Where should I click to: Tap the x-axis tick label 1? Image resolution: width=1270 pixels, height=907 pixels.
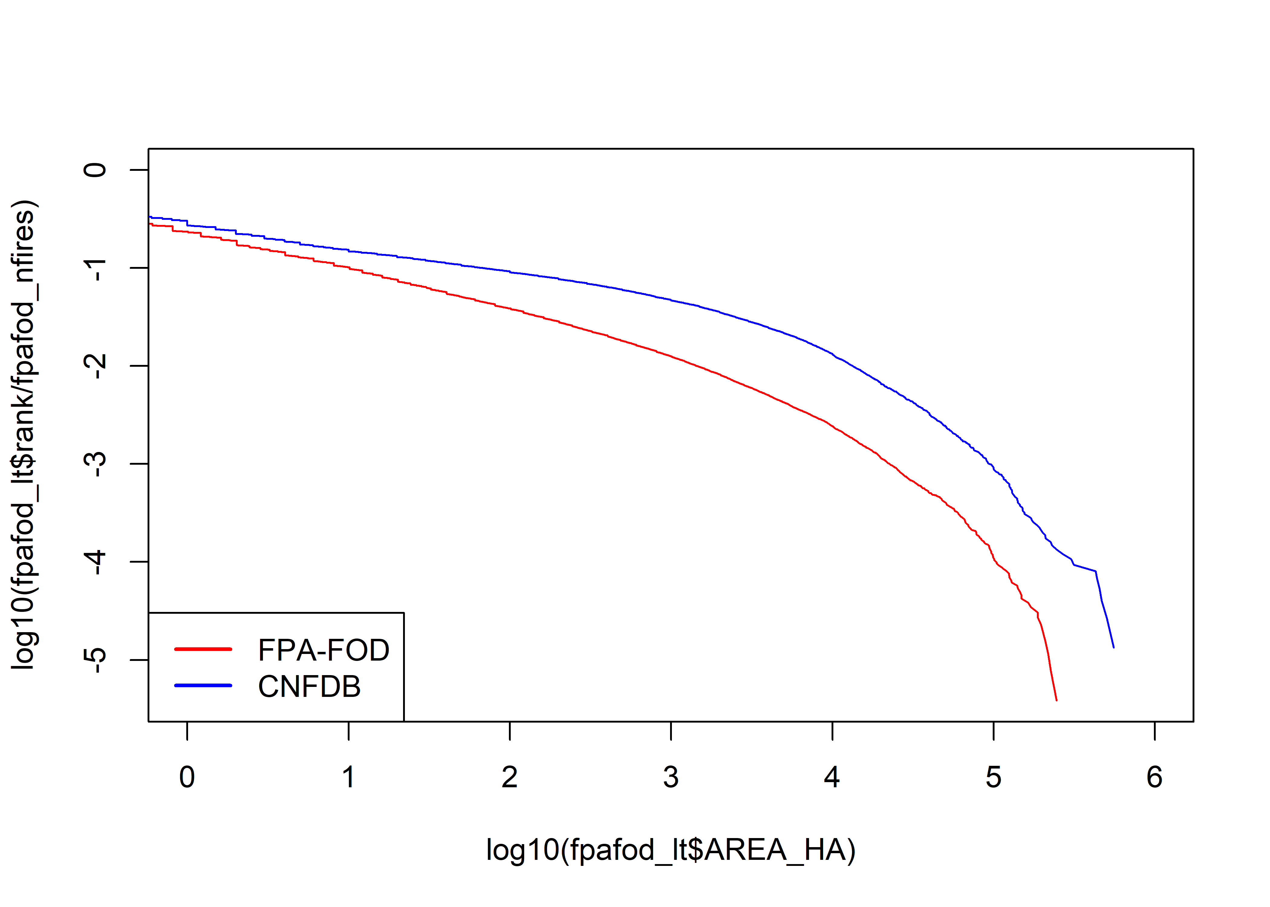349,777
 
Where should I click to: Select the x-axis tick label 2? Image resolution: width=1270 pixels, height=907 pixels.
509,777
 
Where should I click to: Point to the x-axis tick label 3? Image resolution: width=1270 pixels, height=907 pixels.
671,777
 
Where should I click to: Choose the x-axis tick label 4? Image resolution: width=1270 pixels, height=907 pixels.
832,777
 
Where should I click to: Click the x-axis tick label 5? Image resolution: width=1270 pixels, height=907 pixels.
994,777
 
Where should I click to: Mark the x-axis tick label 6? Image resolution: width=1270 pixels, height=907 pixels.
1154,777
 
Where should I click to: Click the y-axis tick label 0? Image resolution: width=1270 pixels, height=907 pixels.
95,170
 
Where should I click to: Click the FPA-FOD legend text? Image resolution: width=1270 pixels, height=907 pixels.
323,650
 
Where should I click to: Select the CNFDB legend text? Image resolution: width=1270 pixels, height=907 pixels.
309,686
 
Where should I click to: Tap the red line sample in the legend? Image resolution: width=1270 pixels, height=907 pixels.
203,649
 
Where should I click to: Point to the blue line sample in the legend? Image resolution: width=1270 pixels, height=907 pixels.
203,685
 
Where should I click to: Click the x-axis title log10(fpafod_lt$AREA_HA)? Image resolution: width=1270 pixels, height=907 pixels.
671,850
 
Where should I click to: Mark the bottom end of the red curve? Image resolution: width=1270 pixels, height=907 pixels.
1056,700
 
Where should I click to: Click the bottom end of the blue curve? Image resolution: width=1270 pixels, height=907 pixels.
1114,647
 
